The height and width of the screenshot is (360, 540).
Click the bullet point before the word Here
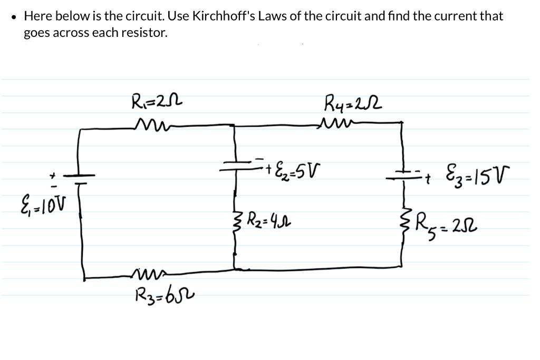(14, 17)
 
